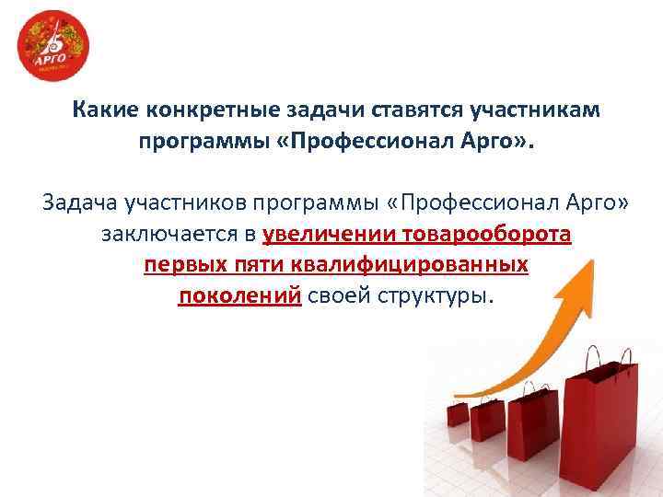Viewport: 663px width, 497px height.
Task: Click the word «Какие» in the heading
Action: coord(105,111)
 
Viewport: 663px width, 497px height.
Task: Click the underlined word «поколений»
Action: coord(239,296)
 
